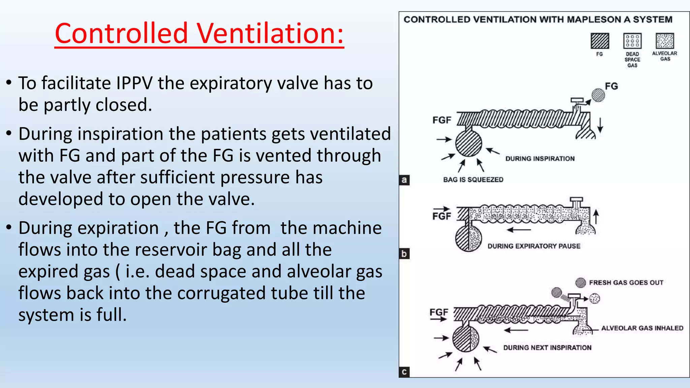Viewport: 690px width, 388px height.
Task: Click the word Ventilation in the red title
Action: pyautogui.click(x=270, y=33)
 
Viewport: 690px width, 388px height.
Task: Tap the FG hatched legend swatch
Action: pyautogui.click(x=600, y=41)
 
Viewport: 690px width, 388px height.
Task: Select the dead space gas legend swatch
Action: pyautogui.click(x=632, y=41)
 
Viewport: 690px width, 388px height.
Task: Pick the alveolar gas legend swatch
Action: pyautogui.click(x=665, y=41)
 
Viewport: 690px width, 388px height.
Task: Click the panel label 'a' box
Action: pyautogui.click(x=404, y=180)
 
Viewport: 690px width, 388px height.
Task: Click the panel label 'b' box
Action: pyautogui.click(x=404, y=254)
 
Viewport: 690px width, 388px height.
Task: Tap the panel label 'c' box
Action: pyautogui.click(x=404, y=372)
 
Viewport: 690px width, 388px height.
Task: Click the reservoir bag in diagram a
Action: pyautogui.click(x=469, y=143)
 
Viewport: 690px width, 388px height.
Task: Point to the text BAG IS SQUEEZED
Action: pyautogui.click(x=473, y=180)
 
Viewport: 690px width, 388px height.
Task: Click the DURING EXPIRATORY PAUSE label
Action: pyautogui.click(x=534, y=246)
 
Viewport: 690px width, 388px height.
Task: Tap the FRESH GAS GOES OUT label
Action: pyautogui.click(x=626, y=283)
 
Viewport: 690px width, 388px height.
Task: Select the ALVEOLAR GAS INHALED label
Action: pyautogui.click(x=642, y=328)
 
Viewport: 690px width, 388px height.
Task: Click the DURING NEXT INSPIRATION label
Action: pyautogui.click(x=547, y=348)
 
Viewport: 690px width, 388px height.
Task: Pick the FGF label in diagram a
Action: pyautogui.click(x=442, y=120)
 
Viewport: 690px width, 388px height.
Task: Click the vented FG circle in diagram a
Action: pyautogui.click(x=598, y=95)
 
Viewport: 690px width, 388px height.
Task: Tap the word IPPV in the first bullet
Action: pyautogui.click(x=134, y=83)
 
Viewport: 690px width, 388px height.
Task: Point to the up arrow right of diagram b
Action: pyautogui.click(x=596, y=217)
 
